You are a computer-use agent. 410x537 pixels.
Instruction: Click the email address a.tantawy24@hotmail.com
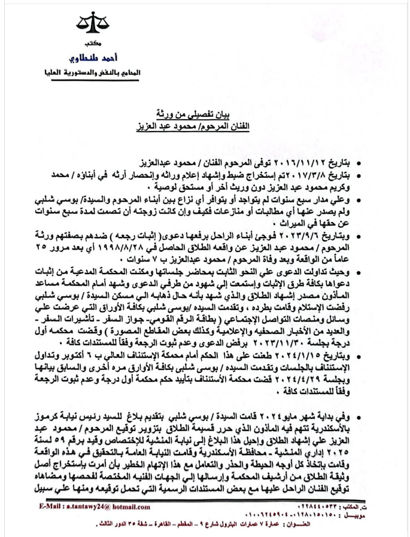click(x=107, y=506)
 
